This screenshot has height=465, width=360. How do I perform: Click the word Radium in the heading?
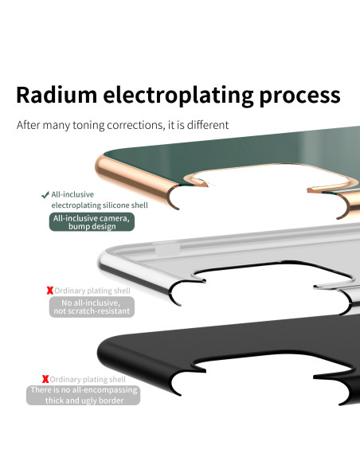(57, 95)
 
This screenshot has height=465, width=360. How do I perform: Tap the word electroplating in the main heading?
(178, 96)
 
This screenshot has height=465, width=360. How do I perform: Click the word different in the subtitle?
(208, 125)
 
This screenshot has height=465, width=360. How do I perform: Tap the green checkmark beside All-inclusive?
(45, 195)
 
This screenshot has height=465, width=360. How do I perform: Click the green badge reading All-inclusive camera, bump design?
(92, 222)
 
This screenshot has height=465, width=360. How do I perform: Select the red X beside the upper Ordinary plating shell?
(50, 291)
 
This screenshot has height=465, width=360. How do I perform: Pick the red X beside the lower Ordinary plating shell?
(45, 379)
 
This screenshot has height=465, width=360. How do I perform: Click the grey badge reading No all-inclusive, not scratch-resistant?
(92, 307)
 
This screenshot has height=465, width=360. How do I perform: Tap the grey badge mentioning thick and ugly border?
(84, 395)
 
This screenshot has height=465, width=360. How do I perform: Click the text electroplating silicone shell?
(100, 205)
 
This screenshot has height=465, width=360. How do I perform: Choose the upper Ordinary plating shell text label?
(92, 291)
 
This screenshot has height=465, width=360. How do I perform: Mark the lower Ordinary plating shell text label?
(88, 380)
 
